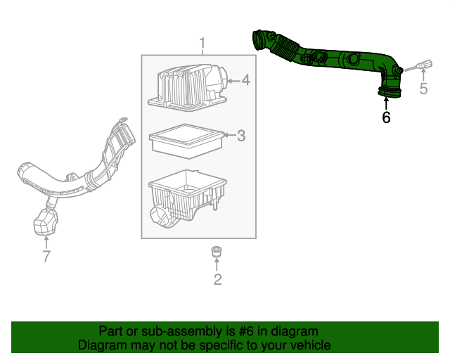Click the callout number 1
pos(202,44)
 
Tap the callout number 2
pos(217,280)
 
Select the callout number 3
pos(240,136)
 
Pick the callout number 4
pos(245,81)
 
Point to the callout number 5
pos(423,89)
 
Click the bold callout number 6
pos(386,117)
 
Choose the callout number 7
pos(46,257)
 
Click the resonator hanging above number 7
pos(45,224)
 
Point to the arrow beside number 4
pos(233,81)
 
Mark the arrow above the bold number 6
pos(386,103)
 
